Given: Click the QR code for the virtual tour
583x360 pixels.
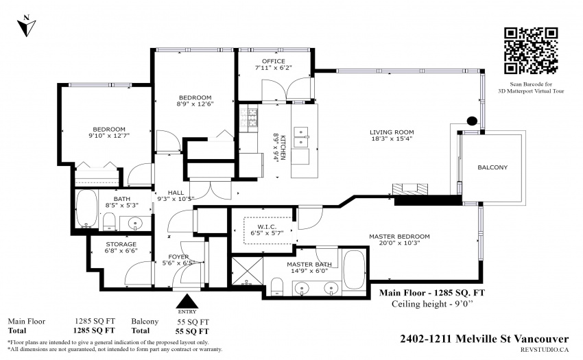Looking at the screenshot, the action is click(x=531, y=51).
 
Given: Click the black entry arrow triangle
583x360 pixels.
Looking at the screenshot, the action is click(x=187, y=301).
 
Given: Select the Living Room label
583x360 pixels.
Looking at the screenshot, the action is click(x=392, y=132).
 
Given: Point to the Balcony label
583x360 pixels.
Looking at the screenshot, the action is click(x=492, y=167).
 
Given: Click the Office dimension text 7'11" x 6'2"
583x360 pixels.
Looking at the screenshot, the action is click(x=273, y=68).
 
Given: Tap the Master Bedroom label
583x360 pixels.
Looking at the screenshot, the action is click(x=399, y=237).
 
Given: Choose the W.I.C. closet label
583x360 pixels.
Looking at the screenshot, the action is click(x=267, y=227).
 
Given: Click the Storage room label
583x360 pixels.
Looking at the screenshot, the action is click(x=121, y=244).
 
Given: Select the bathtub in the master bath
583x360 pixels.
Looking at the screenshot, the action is click(x=354, y=269).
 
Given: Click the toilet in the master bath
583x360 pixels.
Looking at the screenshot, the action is click(x=277, y=287).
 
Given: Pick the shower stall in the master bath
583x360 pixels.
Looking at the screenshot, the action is click(x=247, y=271).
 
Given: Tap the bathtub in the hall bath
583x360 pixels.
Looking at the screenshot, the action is click(x=87, y=208).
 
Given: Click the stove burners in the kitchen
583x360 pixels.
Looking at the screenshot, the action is click(x=248, y=117).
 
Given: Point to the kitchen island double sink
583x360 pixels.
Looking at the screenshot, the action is click(x=301, y=137).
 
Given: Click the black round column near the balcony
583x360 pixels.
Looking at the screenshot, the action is click(x=472, y=121).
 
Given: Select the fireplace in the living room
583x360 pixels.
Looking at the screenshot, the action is click(x=410, y=189).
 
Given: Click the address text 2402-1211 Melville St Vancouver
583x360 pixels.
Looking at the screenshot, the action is click(x=484, y=339).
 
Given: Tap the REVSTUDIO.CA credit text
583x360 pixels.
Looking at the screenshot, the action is click(x=545, y=349).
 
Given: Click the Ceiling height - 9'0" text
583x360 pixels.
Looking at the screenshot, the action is click(x=432, y=304).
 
